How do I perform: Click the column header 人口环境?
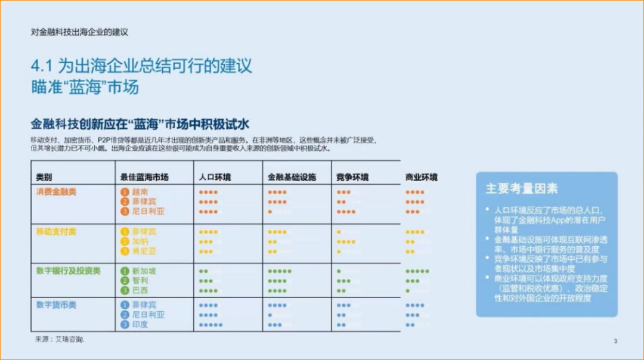pos(215,177)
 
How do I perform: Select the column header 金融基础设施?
pos(292,177)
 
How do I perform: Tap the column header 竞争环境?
pos(352,177)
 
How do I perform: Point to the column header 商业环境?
pos(421,177)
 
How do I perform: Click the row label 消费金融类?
pos(56,192)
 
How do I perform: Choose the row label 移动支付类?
pos(56,231)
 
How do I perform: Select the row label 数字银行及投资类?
pos(68,271)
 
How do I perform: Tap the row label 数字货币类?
pos(56,305)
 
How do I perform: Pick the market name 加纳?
pos(140,241)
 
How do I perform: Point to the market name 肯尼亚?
pos(144,251)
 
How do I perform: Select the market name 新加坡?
pos(144,271)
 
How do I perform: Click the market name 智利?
pos(140,281)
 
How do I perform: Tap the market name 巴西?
pos(140,291)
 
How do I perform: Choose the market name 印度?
pos(140,325)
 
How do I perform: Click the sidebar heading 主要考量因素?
pos(522,189)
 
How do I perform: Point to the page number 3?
pos(615,341)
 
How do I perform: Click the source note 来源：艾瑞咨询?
pos(60,339)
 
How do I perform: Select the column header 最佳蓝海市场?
pos(144,177)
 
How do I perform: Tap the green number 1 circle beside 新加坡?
pos(125,271)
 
